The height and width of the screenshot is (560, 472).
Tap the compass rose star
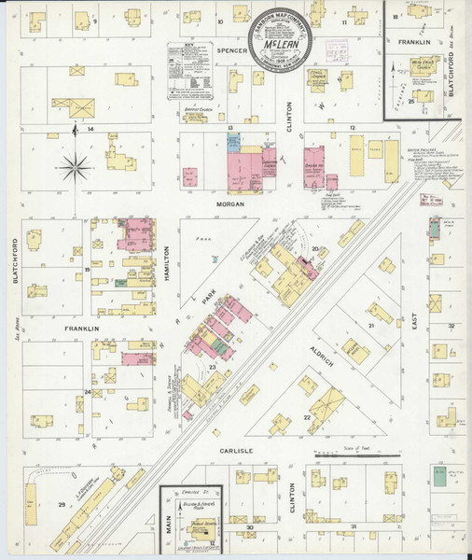(x=74, y=169)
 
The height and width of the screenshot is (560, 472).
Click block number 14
(x=90, y=130)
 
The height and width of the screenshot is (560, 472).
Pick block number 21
(x=370, y=325)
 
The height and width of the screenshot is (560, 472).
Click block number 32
(x=450, y=326)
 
